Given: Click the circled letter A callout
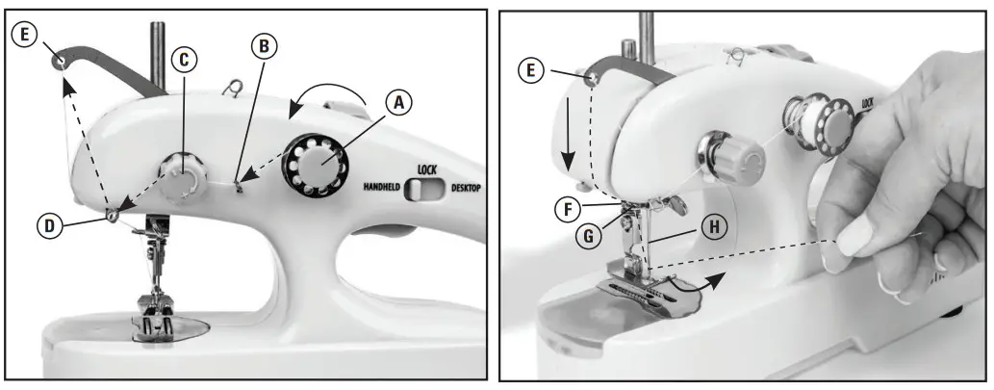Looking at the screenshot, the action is (x=398, y=103).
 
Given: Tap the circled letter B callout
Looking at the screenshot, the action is (x=264, y=45).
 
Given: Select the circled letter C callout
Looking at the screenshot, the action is (x=184, y=60).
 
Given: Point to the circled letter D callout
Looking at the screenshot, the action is (x=49, y=226).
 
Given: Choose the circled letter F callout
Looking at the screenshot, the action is (x=568, y=209).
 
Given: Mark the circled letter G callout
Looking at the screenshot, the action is (x=588, y=236).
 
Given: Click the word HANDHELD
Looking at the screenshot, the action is (x=382, y=187).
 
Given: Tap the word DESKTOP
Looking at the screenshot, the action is (x=466, y=188).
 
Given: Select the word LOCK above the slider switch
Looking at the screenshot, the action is (x=427, y=170).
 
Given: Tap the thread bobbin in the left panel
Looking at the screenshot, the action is (x=315, y=165).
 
